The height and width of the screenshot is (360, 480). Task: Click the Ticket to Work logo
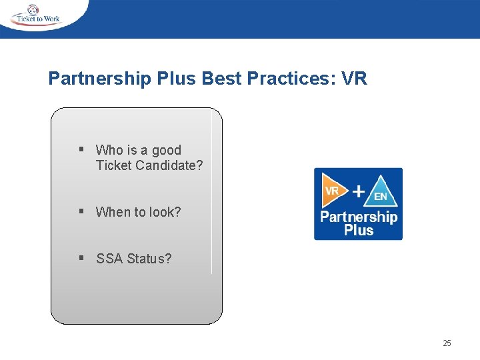pos(37,15)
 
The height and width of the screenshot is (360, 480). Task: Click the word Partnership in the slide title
pos(100,79)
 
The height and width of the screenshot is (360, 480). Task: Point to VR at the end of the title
pos(353,79)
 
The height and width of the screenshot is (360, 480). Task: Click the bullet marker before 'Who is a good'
pos(80,150)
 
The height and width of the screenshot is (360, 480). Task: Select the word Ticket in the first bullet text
pos(113,165)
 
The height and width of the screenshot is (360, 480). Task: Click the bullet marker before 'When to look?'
pos(80,212)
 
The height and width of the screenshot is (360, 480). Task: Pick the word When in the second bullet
pos(113,212)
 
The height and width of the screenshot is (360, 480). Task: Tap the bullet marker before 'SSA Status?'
pos(80,258)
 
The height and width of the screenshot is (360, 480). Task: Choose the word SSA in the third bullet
pos(108,258)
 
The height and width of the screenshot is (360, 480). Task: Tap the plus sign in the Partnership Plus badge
pos(358,191)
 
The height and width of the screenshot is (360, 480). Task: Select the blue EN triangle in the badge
pos(381,194)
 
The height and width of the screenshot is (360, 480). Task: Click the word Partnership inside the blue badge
pos(359,217)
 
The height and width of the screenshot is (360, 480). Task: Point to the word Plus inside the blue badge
pos(359,231)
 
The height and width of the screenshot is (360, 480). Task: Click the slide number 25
pos(447,343)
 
